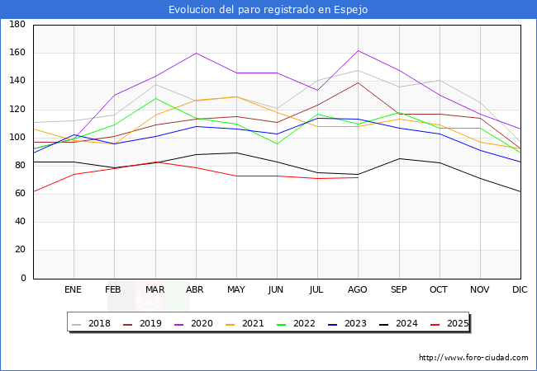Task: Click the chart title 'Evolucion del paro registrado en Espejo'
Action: (x=268, y=9)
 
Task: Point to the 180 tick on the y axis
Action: (x=17, y=25)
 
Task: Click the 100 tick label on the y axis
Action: (x=17, y=138)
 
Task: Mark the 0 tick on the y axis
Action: (x=22, y=279)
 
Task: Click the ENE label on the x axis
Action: (x=74, y=290)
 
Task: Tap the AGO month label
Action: (x=358, y=290)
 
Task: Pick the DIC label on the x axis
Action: (x=520, y=290)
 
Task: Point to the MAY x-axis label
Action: (x=236, y=290)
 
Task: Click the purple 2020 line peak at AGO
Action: (x=358, y=51)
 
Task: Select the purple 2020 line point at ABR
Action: (x=196, y=53)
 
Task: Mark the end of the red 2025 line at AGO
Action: (x=358, y=177)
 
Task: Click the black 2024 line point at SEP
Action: (x=398, y=158)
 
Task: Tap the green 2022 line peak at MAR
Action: (x=154, y=98)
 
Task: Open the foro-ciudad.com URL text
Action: (x=473, y=358)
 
